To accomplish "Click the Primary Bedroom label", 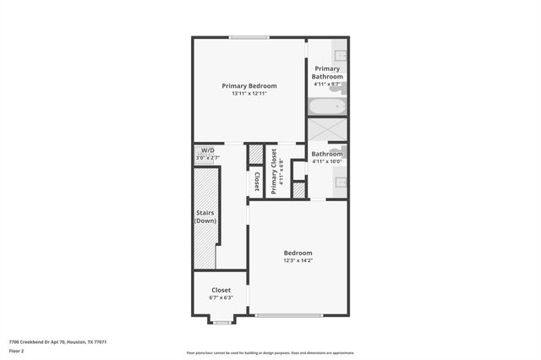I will pos(249,85).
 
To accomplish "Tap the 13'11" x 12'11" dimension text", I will pos(249,93).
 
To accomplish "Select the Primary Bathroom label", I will pos(327,72).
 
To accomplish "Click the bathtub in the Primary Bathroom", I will pos(327,106).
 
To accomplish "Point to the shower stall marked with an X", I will pos(327,129).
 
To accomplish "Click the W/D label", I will pos(207,150).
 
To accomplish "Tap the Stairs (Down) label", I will pos(205,217).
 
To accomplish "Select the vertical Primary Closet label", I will pos(274,171).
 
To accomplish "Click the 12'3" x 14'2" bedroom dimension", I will pos(298,260).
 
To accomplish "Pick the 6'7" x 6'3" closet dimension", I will pos(220,297).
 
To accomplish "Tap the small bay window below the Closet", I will pos(221,322).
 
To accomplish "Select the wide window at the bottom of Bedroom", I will pos(290,316).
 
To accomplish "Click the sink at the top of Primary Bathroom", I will pos(341,56).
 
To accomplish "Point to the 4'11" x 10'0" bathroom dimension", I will pos(327,161).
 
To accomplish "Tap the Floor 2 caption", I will pos(17,350).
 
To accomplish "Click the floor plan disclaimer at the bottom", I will pos(270,353).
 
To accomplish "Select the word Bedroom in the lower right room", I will pos(298,253).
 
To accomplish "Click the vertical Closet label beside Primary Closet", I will pos(256,182).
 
